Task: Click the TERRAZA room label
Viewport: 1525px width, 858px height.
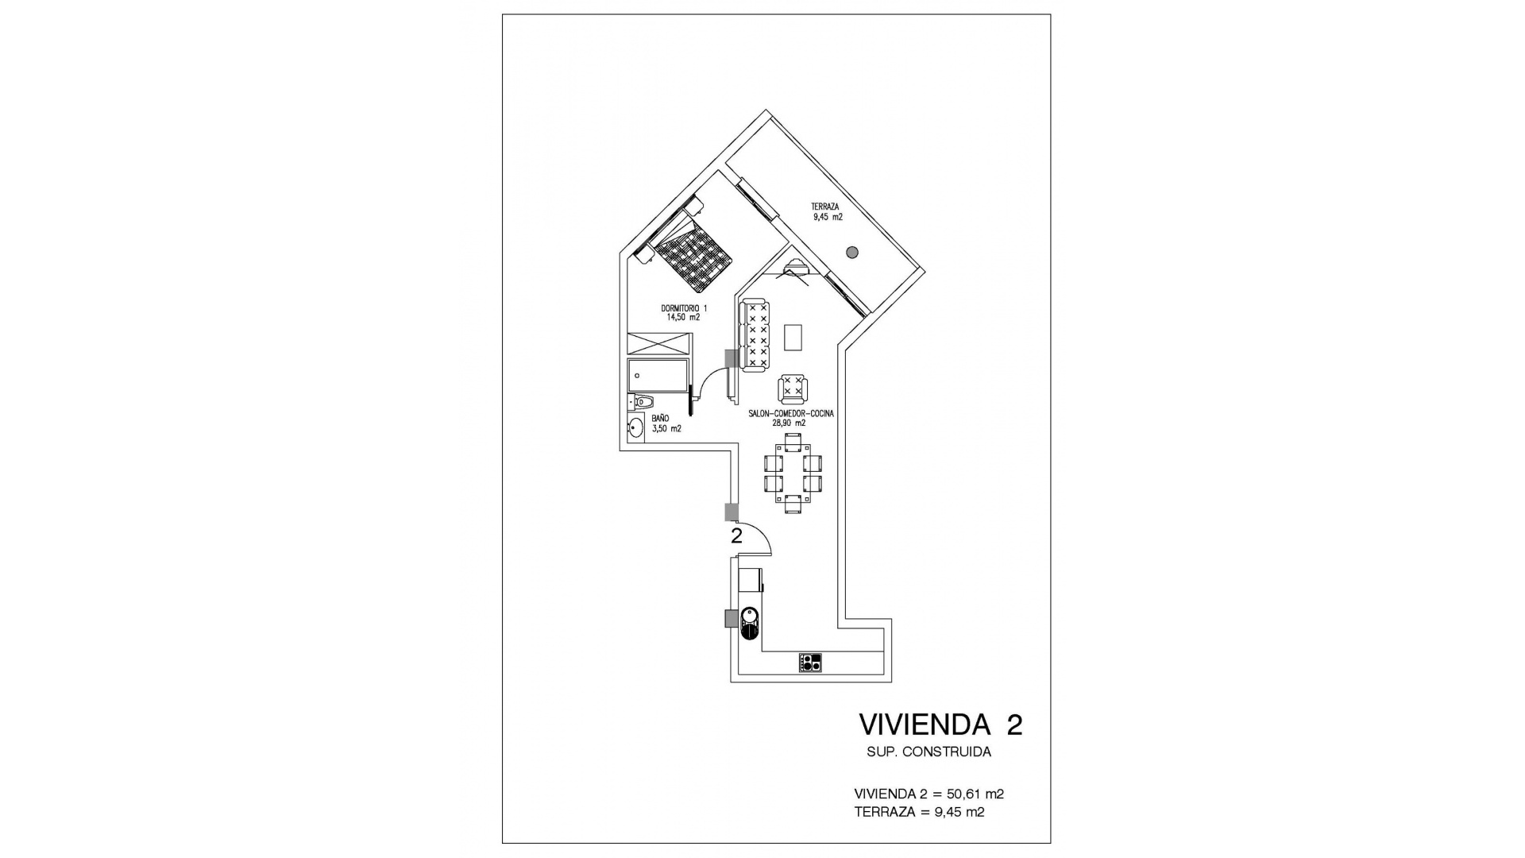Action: click(827, 211)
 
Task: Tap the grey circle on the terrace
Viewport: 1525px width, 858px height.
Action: click(852, 253)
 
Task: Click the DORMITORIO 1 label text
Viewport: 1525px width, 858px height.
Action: click(683, 312)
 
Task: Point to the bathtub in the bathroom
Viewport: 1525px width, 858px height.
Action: click(658, 376)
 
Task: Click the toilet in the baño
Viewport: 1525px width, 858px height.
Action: click(641, 403)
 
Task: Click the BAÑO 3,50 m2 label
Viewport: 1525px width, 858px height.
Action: click(666, 423)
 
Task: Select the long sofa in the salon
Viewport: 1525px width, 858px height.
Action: click(754, 335)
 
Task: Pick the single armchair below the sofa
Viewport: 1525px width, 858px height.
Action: click(793, 389)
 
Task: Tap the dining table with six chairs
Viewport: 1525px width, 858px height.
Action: click(793, 473)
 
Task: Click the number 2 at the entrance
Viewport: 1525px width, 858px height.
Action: click(736, 536)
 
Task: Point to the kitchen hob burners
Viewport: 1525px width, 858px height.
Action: click(810, 663)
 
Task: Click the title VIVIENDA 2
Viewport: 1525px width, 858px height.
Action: click(940, 725)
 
